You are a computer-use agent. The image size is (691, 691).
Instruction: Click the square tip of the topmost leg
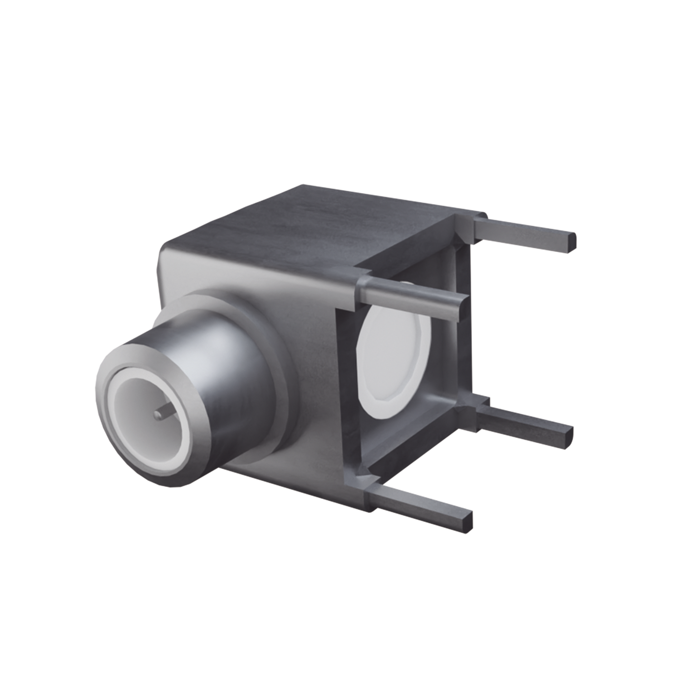(x=572, y=242)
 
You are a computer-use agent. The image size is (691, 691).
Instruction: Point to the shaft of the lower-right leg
(x=526, y=421)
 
